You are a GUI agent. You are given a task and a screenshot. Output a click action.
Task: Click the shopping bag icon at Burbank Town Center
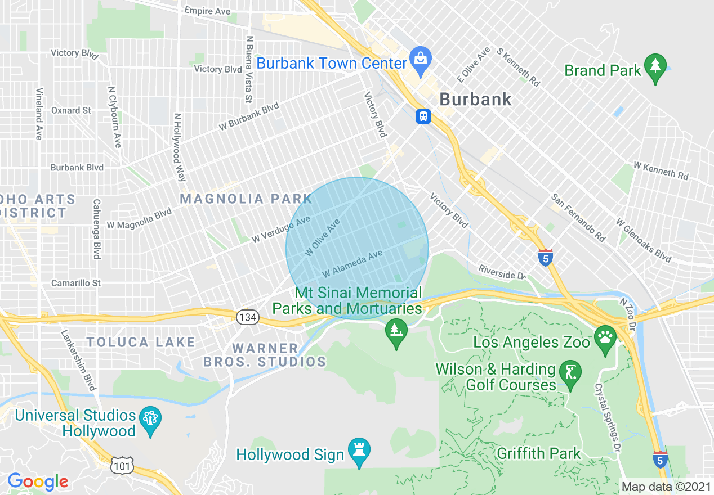(420, 58)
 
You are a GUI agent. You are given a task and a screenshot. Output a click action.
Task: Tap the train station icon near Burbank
(423, 116)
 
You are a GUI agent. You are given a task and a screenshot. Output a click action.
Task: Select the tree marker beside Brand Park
(655, 66)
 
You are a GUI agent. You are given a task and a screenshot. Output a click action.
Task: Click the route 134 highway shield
(247, 317)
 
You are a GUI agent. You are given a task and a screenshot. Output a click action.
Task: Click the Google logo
(38, 481)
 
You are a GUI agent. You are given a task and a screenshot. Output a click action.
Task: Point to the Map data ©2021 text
(666, 487)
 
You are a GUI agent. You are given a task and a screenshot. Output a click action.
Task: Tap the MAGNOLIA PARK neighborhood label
(246, 199)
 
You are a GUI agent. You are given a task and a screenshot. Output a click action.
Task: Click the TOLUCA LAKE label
(141, 342)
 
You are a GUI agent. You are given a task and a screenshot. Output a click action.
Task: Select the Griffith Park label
(538, 453)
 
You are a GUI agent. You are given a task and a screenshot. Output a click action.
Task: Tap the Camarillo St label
(76, 282)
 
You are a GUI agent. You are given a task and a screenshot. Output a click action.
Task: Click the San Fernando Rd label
(578, 218)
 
